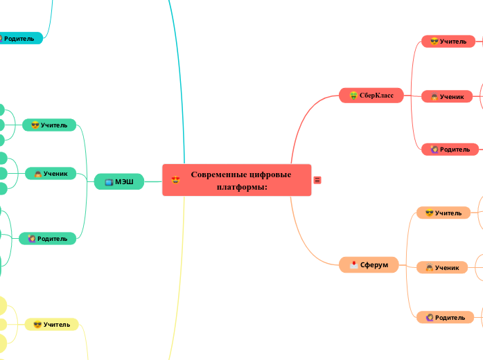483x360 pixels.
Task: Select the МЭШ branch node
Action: click(119, 181)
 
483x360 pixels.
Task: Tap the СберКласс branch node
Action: click(371, 95)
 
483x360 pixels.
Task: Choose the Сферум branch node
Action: click(369, 264)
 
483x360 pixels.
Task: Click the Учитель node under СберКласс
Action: click(448, 42)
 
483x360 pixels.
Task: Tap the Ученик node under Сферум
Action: click(441, 267)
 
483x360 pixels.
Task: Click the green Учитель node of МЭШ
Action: click(49, 125)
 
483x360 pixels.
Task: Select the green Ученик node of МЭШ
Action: click(50, 173)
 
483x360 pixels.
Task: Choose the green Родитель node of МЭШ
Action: click(47, 239)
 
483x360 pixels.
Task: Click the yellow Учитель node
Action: click(52, 324)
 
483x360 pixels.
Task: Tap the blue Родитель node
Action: click(18, 39)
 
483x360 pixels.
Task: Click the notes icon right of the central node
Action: click(317, 180)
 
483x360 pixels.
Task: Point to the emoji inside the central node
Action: click(175, 180)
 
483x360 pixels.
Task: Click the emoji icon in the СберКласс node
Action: click(353, 96)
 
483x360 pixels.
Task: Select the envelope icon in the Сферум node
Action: click(353, 264)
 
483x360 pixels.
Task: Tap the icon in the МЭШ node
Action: click(109, 182)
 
